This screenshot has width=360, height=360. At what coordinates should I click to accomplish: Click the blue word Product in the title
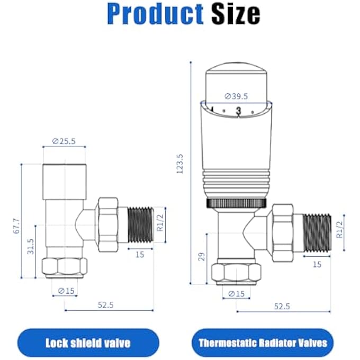[x=155, y=14]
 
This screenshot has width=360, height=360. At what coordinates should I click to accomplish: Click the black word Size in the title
[x=236, y=14]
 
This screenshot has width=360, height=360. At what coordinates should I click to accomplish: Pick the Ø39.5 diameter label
[x=236, y=96]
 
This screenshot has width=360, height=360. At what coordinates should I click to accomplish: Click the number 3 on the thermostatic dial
[x=238, y=111]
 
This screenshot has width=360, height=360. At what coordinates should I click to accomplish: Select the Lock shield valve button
[x=87, y=343]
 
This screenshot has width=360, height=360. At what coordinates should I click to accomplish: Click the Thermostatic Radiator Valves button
[x=263, y=343]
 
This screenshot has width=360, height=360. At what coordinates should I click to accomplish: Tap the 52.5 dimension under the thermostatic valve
[x=282, y=305]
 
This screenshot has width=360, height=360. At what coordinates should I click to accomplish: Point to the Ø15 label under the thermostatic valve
[x=236, y=294]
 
